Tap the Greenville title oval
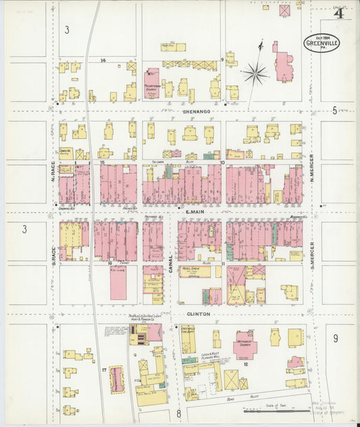pyautogui.click(x=322, y=43)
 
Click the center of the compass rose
pyautogui.click(x=256, y=72)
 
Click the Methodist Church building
pyautogui.click(x=245, y=345)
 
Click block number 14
pyautogui.click(x=103, y=61)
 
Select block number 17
pyautogui.click(x=103, y=370)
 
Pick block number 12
pyautogui.click(x=245, y=364)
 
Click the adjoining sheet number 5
pyautogui.click(x=334, y=110)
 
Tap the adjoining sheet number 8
pyautogui.click(x=178, y=413)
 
